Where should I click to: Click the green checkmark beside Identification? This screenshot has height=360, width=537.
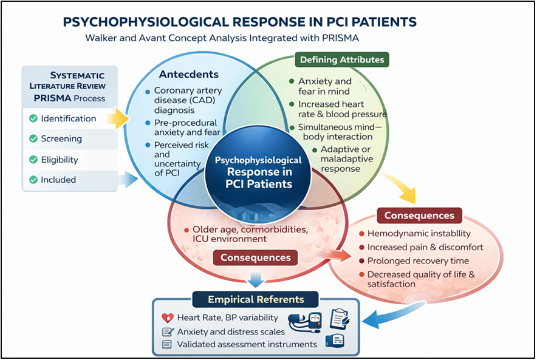(33, 118)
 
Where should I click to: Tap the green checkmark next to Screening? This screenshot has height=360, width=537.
(33, 138)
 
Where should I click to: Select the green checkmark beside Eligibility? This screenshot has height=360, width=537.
(33, 159)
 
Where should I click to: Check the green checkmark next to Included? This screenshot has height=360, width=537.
(33, 180)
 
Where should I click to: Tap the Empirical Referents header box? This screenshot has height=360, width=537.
(256, 299)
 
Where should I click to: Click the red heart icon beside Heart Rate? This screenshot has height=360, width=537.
(168, 318)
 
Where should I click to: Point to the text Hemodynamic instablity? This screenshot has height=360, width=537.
(419, 233)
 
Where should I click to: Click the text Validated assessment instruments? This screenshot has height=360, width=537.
(247, 344)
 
